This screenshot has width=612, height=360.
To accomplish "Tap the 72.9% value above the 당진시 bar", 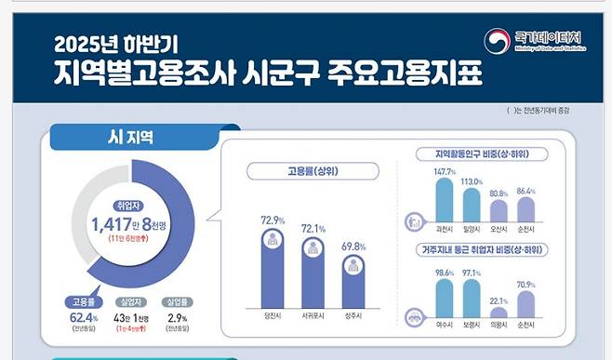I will [273, 220].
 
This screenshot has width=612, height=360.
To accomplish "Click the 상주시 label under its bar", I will [354, 316].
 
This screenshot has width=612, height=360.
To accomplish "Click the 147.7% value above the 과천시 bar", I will [445, 172].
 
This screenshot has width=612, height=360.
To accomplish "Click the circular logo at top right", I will [498, 41].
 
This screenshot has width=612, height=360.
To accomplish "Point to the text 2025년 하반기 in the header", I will [116, 43].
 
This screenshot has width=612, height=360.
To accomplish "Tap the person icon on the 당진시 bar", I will [273, 240].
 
